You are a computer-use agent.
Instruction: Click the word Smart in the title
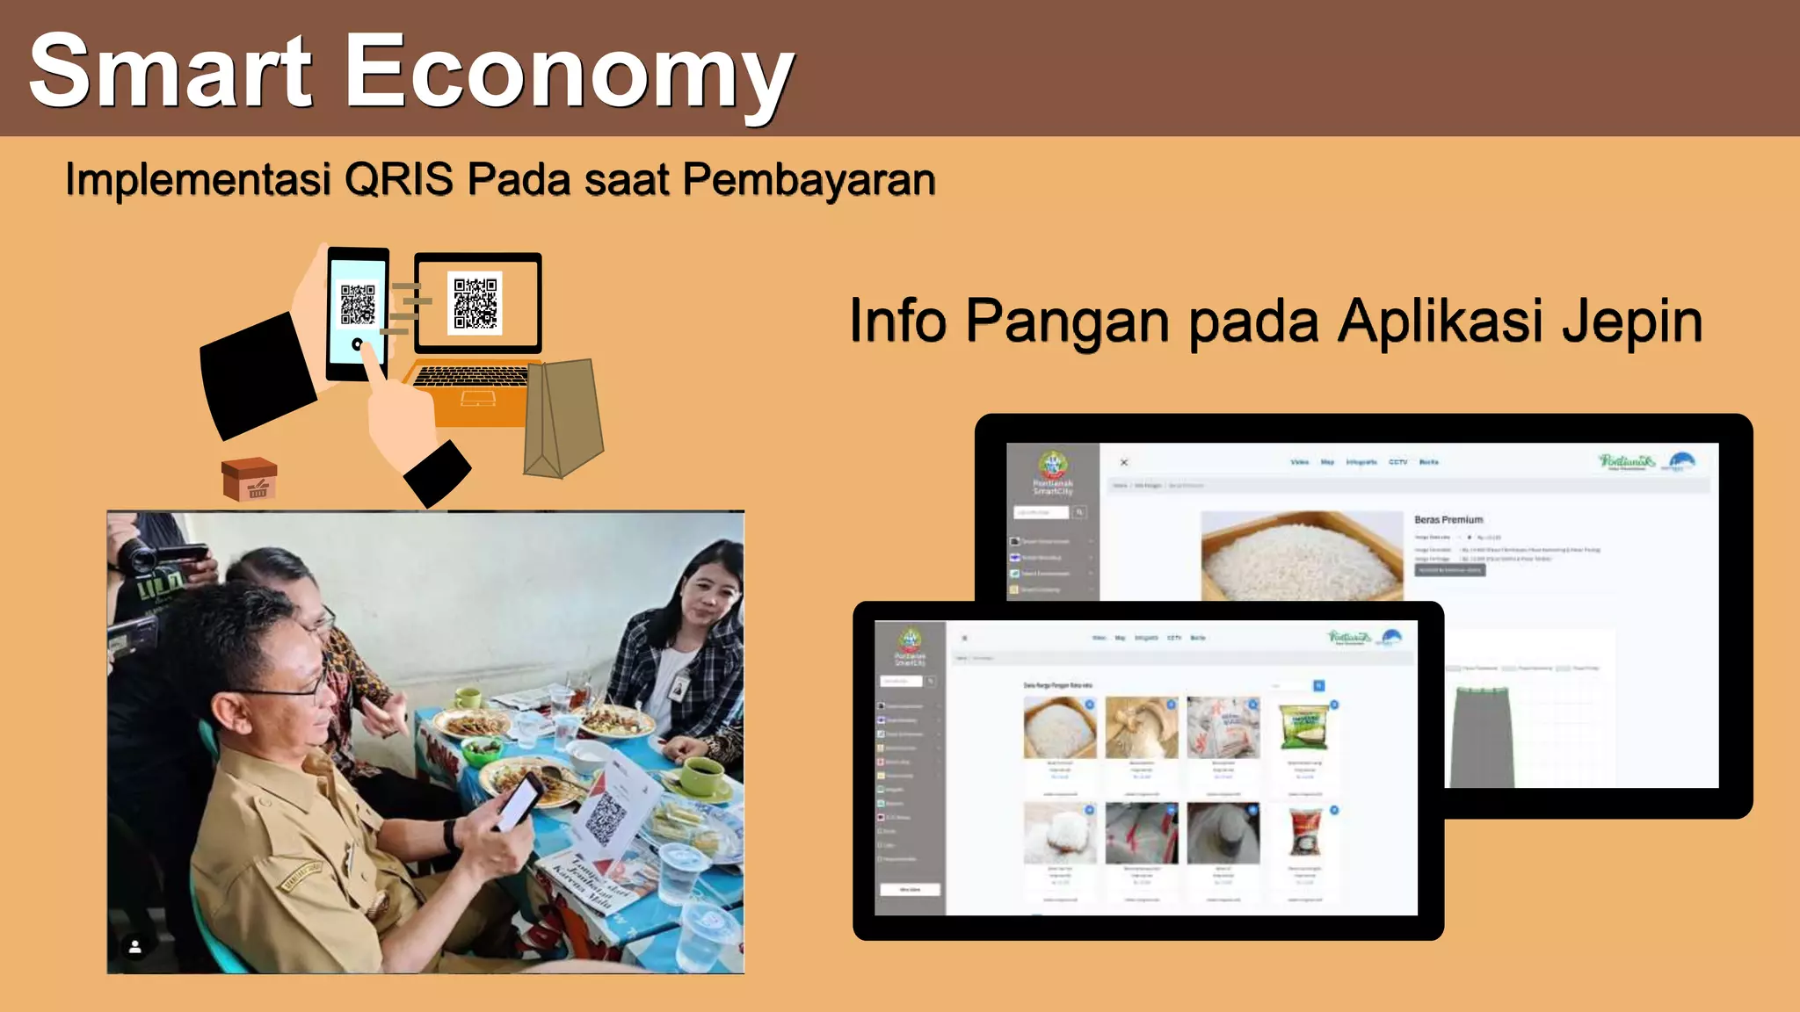pyautogui.click(x=171, y=72)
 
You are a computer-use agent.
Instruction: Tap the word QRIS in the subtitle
pyautogui.click(x=399, y=179)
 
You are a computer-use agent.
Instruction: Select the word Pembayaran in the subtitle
pyautogui.click(x=809, y=179)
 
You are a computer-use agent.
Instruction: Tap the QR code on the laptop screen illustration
pyautogui.click(x=475, y=302)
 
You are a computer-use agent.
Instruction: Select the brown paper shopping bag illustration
pyautogui.click(x=562, y=417)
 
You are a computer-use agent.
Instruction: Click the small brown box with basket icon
pyautogui.click(x=250, y=480)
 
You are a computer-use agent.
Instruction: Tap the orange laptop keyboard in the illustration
pyautogui.click(x=473, y=377)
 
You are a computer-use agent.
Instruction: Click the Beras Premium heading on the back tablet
pyautogui.click(x=1448, y=520)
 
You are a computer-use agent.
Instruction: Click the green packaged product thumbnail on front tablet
pyautogui.click(x=1303, y=727)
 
